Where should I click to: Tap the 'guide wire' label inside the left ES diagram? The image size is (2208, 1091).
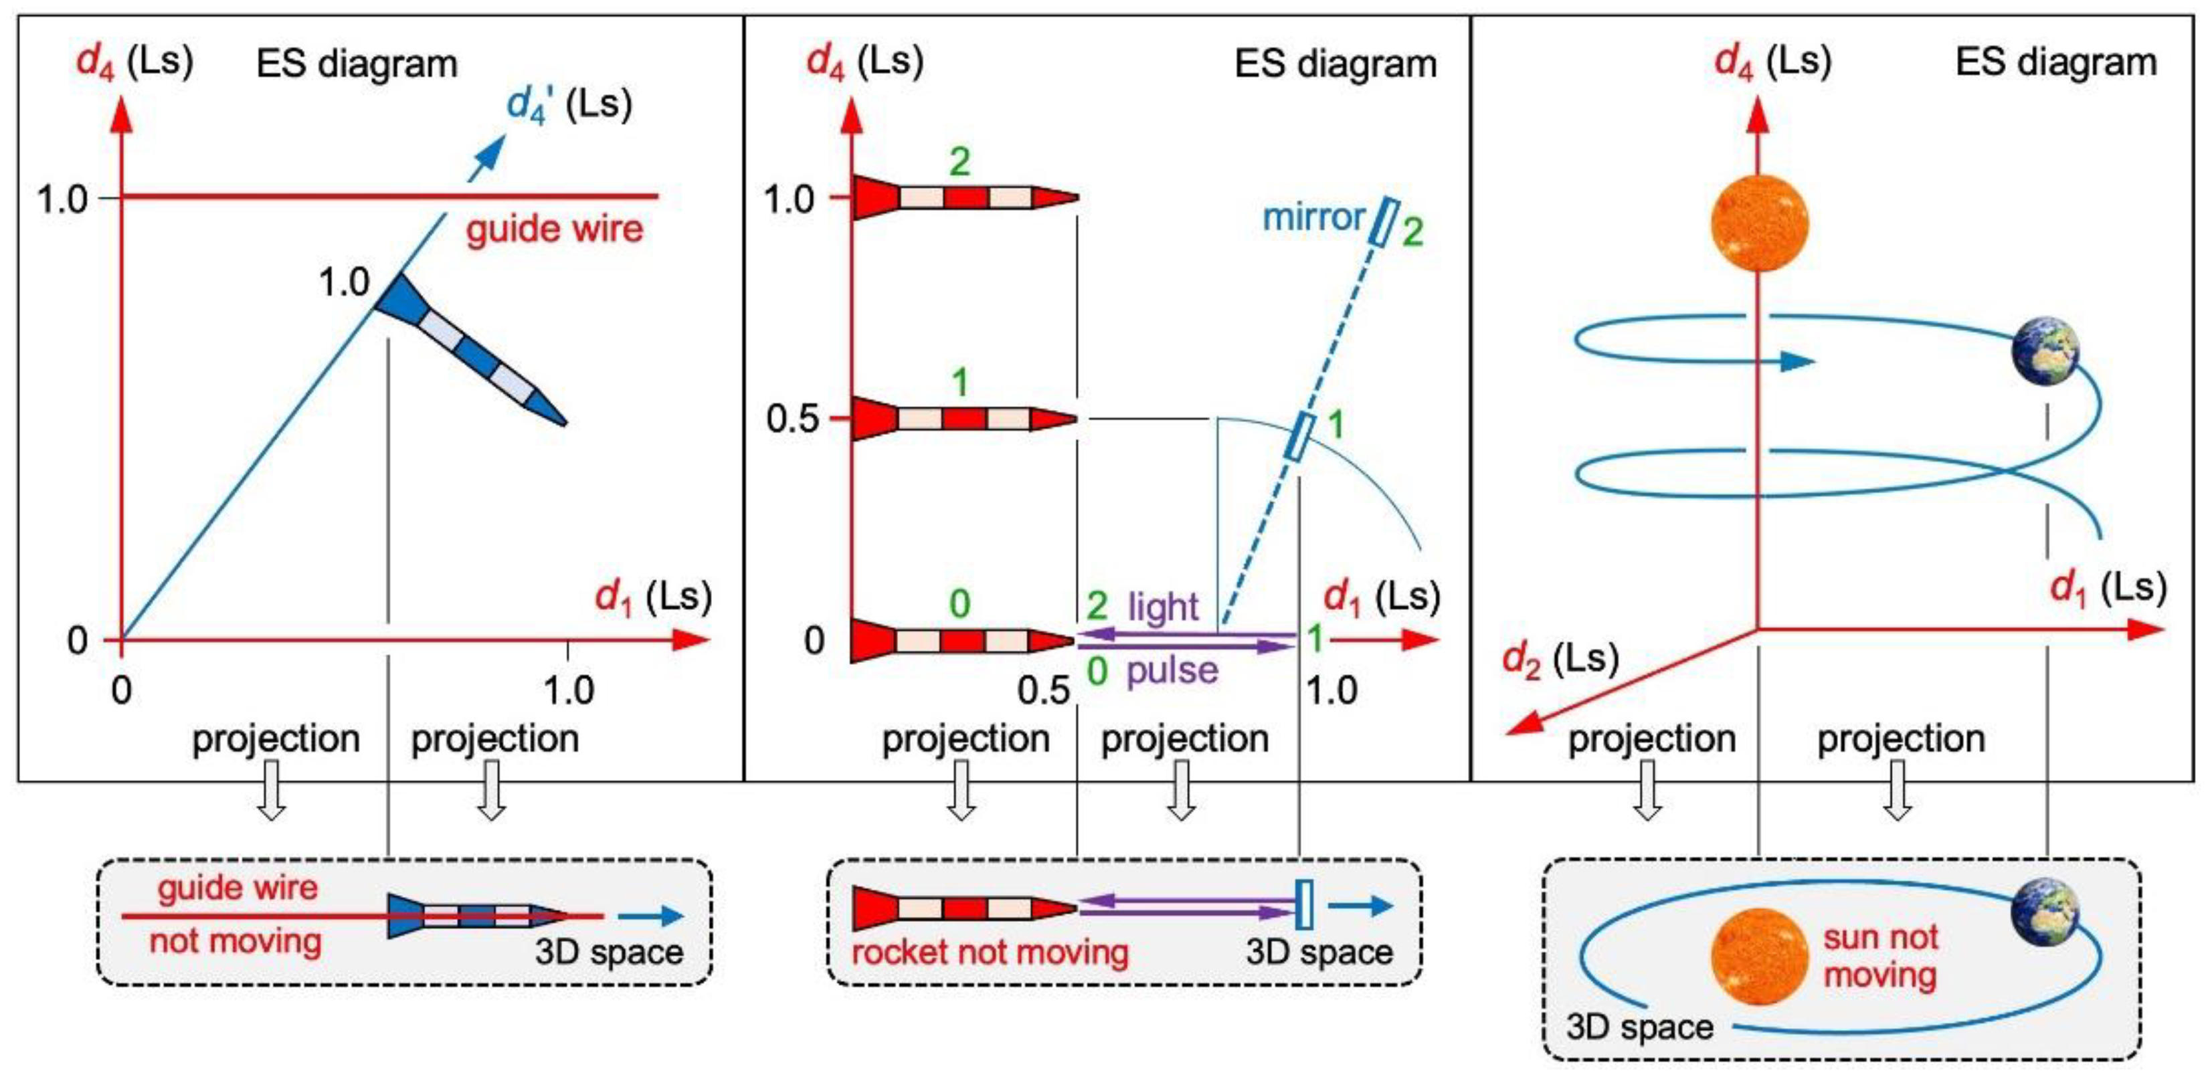point(554,229)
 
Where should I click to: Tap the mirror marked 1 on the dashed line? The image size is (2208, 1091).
point(1300,436)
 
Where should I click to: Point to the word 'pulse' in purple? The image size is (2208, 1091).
point(1172,670)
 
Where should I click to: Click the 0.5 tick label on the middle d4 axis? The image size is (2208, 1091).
point(792,419)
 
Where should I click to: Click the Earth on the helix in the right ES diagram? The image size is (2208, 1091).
point(2046,351)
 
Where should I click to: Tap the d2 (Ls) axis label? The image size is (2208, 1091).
point(1560,660)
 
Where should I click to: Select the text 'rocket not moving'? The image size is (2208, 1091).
point(989,952)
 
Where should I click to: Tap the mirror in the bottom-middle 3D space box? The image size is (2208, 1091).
point(1303,905)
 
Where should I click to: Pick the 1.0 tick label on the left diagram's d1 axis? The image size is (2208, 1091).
point(567,690)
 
